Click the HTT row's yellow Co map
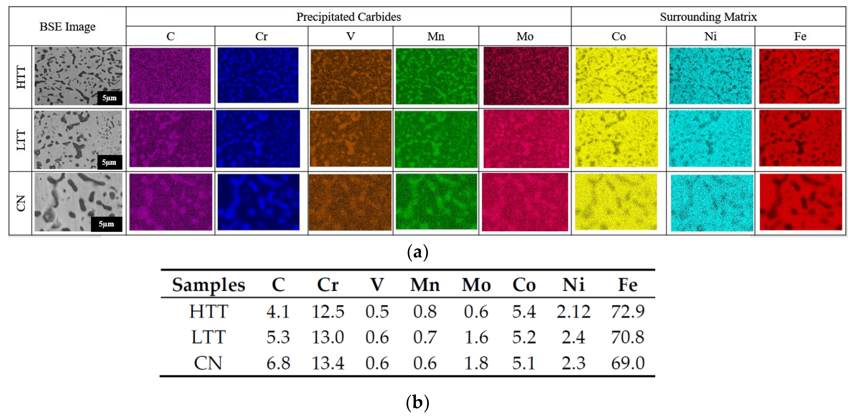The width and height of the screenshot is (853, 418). click(616, 75)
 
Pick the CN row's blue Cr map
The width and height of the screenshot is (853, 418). click(258, 202)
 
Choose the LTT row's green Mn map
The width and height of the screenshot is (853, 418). click(436, 139)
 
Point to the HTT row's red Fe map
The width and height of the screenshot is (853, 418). click(799, 76)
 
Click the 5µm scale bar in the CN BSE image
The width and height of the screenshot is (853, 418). click(106, 224)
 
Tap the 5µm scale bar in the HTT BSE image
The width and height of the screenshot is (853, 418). click(109, 98)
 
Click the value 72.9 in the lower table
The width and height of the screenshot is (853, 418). click(628, 311)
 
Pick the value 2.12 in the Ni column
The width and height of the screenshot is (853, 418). click(573, 311)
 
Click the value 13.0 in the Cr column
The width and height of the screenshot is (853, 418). click(328, 337)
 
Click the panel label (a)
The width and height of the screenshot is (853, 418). click(417, 252)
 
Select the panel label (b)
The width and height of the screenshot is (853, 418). click(417, 402)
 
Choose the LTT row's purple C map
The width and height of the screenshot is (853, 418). click(171, 139)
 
